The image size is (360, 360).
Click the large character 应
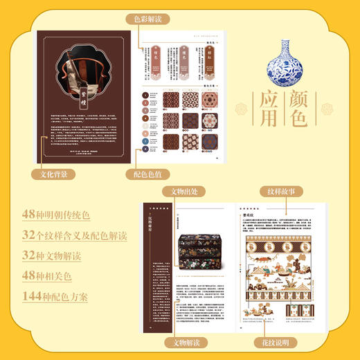(273, 102)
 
